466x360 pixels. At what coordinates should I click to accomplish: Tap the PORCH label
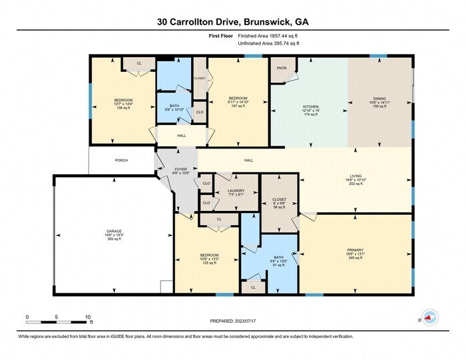pyautogui.click(x=121, y=160)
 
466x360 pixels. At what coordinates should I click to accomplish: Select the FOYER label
pyautogui.click(x=180, y=170)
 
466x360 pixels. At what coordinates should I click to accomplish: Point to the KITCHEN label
pyautogui.click(x=312, y=106)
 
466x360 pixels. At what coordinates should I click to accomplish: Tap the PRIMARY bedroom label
pyautogui.click(x=355, y=250)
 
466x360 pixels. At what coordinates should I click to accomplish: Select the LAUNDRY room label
pyautogui.click(x=236, y=191)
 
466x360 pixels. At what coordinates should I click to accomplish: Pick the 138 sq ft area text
pyautogui.click(x=124, y=108)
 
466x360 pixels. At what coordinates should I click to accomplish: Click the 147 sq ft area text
pyautogui.click(x=238, y=106)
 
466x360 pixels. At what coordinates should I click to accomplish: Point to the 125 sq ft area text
pyautogui.click(x=209, y=263)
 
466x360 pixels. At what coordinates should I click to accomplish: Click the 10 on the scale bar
pyautogui.click(x=87, y=317)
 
